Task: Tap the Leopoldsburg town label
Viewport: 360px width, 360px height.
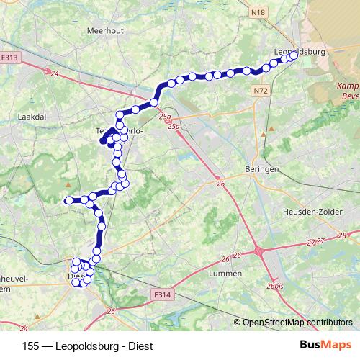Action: pyautogui.click(x=300, y=52)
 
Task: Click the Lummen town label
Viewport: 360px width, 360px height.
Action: pyautogui.click(x=224, y=274)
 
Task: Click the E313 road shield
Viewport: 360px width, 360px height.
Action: pyautogui.click(x=10, y=58)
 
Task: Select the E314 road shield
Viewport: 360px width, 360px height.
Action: pyautogui.click(x=162, y=294)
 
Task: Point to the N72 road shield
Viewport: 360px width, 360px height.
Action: pyautogui.click(x=260, y=91)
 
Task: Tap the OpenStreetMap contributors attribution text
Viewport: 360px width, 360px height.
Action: pyautogui.click(x=297, y=322)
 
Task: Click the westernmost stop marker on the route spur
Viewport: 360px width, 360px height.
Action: pyautogui.click(x=69, y=200)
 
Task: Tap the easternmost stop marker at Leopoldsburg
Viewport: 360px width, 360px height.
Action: pyautogui.click(x=294, y=56)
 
